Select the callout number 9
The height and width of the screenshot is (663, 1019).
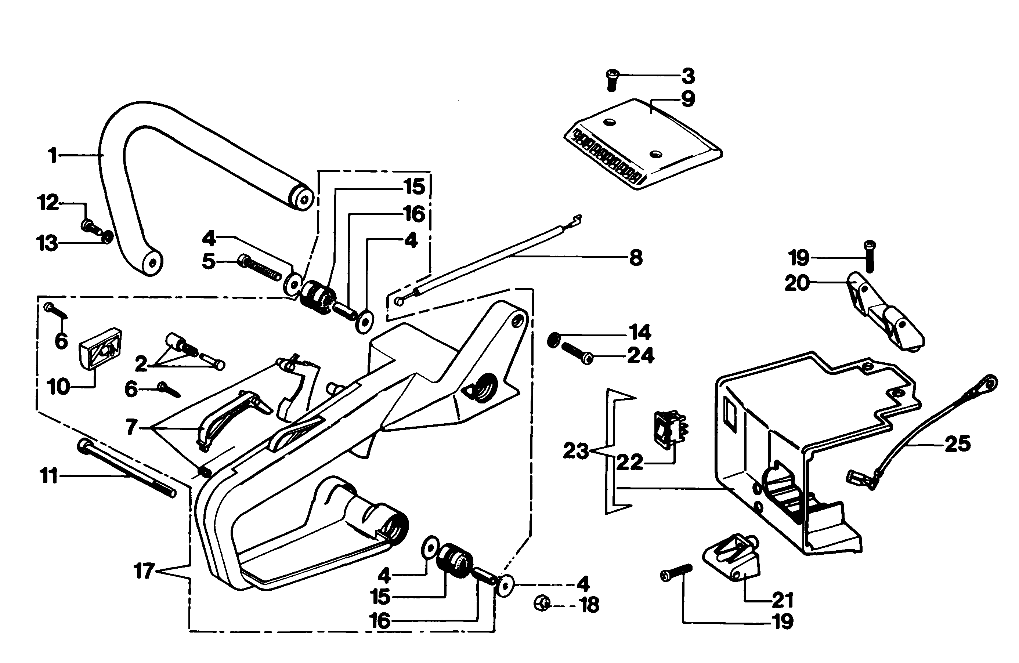(x=688, y=99)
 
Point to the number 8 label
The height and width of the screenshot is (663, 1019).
(x=636, y=258)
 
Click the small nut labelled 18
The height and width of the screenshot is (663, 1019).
(x=542, y=604)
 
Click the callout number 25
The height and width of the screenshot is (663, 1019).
(x=957, y=444)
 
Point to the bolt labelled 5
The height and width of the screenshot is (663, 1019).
(x=260, y=267)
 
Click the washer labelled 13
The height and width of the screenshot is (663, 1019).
(x=108, y=236)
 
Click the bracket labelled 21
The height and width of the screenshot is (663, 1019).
(x=731, y=559)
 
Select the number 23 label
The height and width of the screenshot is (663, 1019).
(x=576, y=451)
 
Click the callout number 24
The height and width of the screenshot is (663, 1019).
(x=640, y=355)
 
